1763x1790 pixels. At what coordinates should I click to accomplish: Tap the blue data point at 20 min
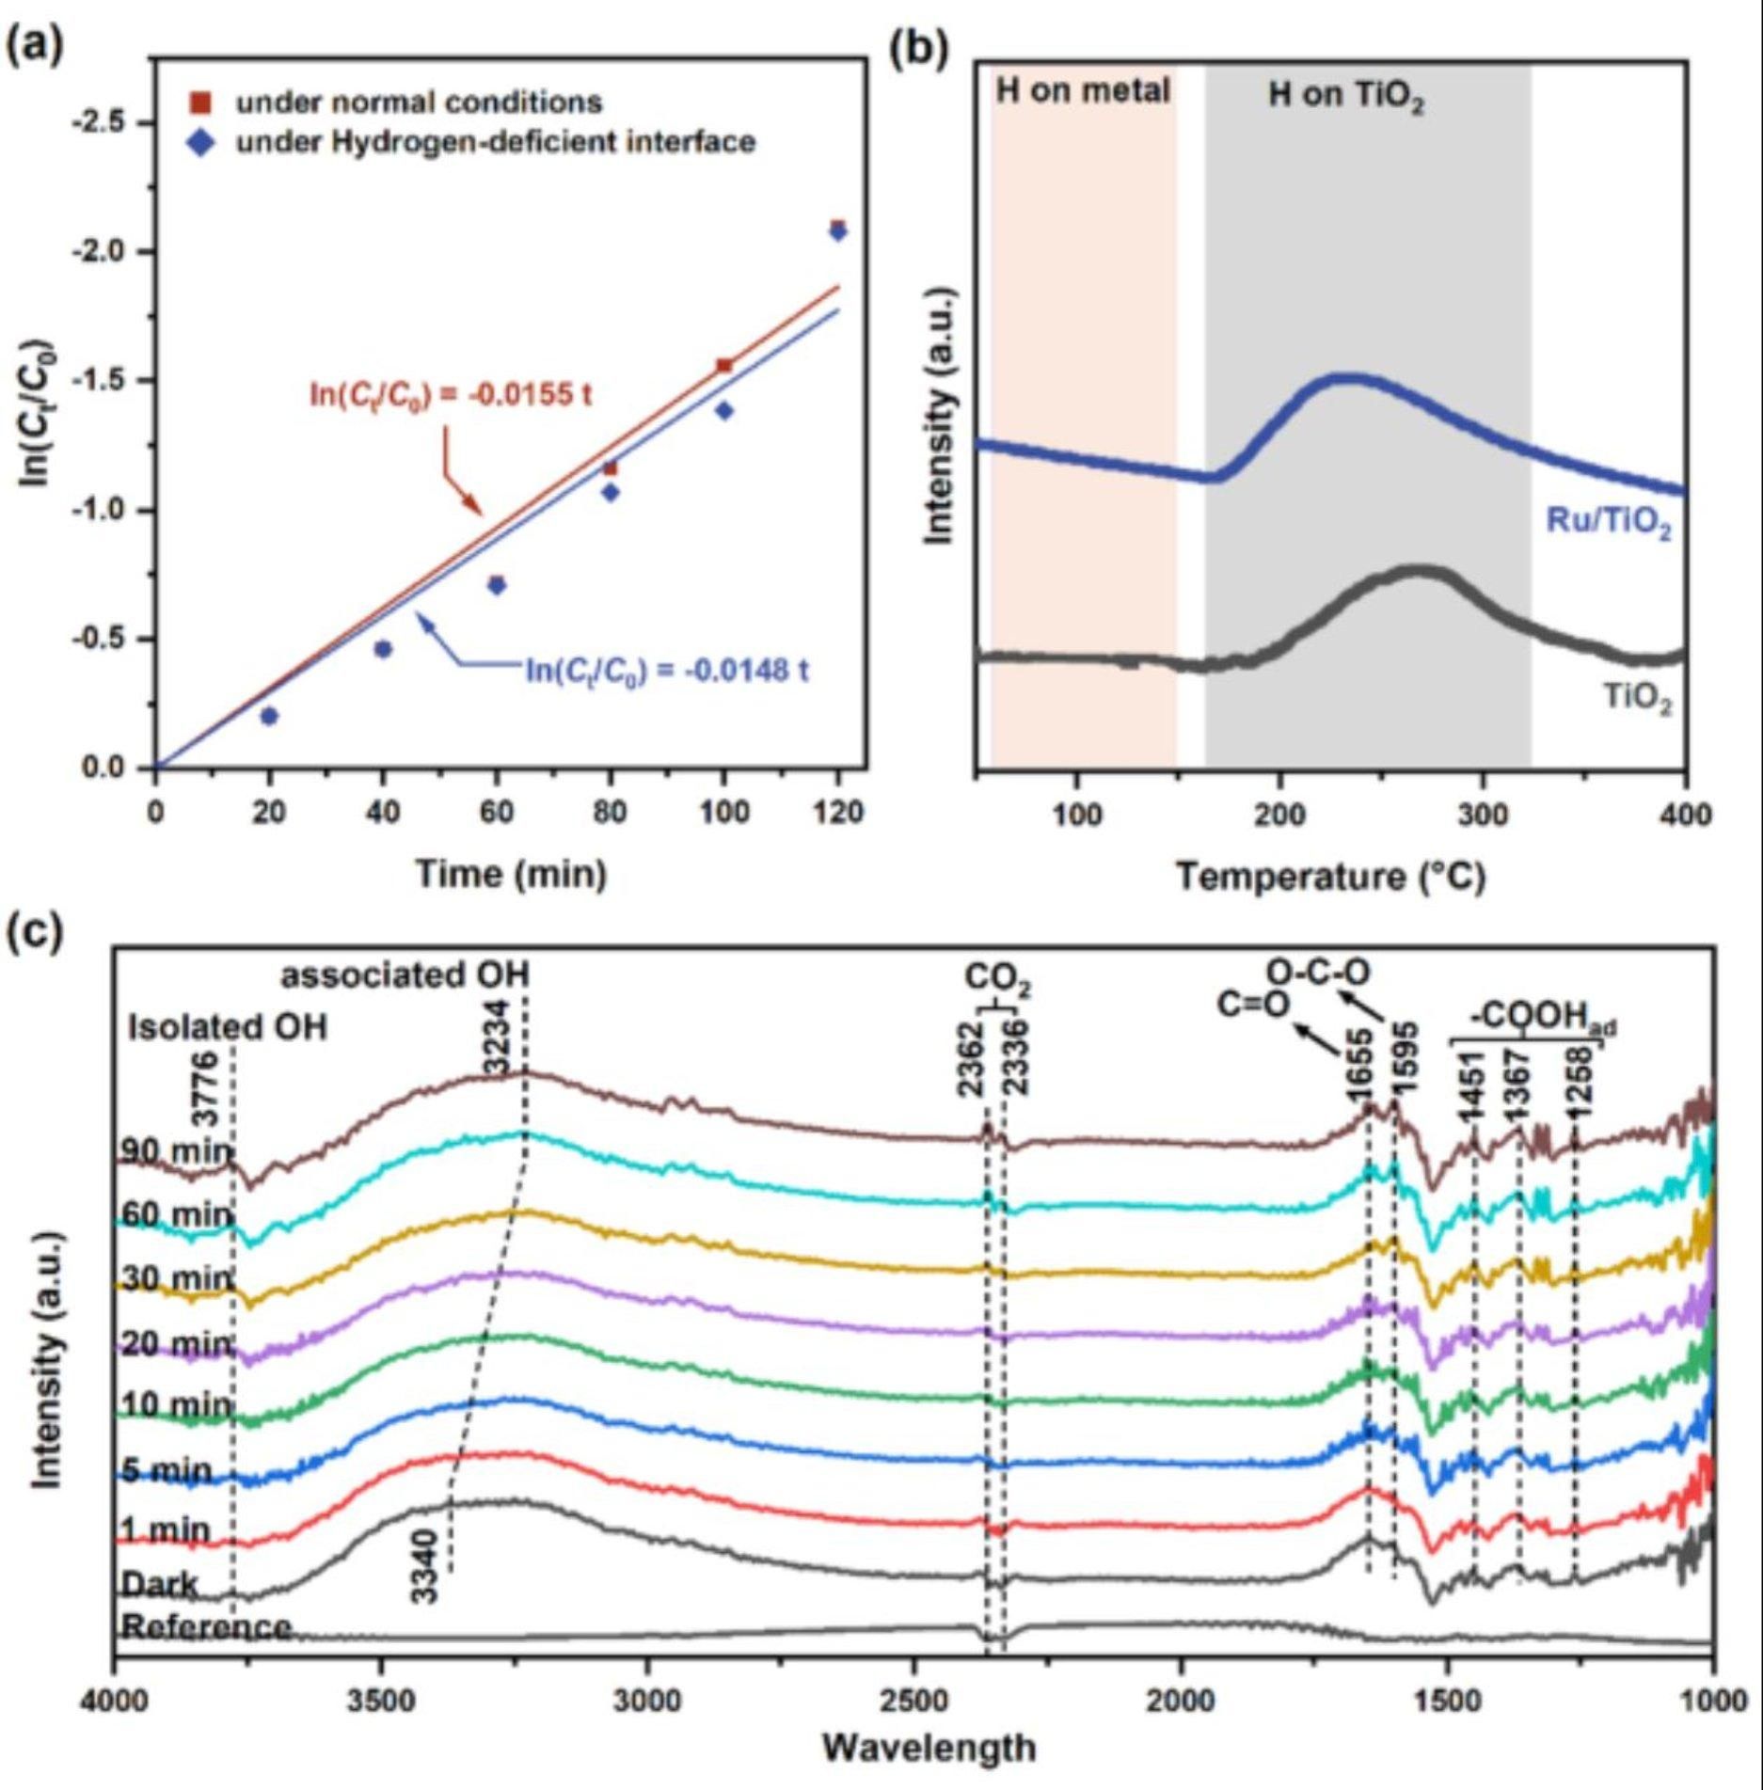(x=269, y=717)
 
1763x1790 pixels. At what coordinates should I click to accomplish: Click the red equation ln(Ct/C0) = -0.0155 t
(x=451, y=394)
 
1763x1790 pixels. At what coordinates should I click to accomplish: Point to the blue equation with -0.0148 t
(x=666, y=671)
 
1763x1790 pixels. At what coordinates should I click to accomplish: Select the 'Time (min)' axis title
(x=511, y=875)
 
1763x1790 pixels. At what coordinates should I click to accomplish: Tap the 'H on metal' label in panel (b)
(x=1082, y=91)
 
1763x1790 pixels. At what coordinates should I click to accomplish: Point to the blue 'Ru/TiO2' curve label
(x=1609, y=523)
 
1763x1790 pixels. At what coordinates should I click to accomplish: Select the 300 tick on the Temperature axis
(x=1483, y=815)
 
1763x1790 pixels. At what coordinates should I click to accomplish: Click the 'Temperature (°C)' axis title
(x=1330, y=877)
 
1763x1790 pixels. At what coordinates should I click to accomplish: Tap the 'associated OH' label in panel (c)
(x=405, y=975)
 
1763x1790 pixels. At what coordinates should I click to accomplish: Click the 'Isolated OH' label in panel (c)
(x=228, y=1027)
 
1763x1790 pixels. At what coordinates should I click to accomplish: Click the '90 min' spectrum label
(x=175, y=1152)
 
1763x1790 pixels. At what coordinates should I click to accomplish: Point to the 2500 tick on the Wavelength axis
(x=913, y=1701)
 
